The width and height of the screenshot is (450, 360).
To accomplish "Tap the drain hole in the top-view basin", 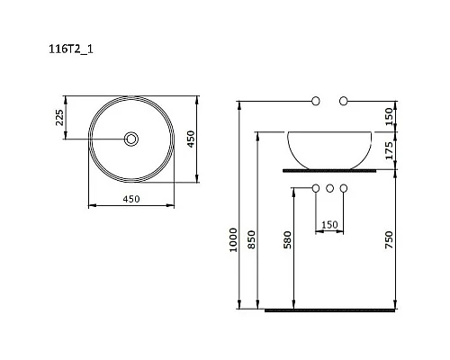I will click(x=132, y=139).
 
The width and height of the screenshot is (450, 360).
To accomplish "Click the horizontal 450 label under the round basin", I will click(x=132, y=199).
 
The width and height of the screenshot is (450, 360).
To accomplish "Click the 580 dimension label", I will click(x=287, y=241).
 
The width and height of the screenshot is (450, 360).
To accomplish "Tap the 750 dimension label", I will click(x=388, y=240).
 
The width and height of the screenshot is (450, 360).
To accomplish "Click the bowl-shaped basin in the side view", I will click(x=329, y=148).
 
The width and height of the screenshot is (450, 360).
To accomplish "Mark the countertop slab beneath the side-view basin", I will click(x=329, y=168).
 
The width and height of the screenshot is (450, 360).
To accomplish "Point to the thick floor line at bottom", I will click(x=330, y=310).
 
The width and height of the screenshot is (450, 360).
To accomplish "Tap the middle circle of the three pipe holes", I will click(x=330, y=189).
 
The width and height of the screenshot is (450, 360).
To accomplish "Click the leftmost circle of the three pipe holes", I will click(x=315, y=189).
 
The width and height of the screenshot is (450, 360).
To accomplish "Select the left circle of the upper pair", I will click(x=315, y=101).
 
